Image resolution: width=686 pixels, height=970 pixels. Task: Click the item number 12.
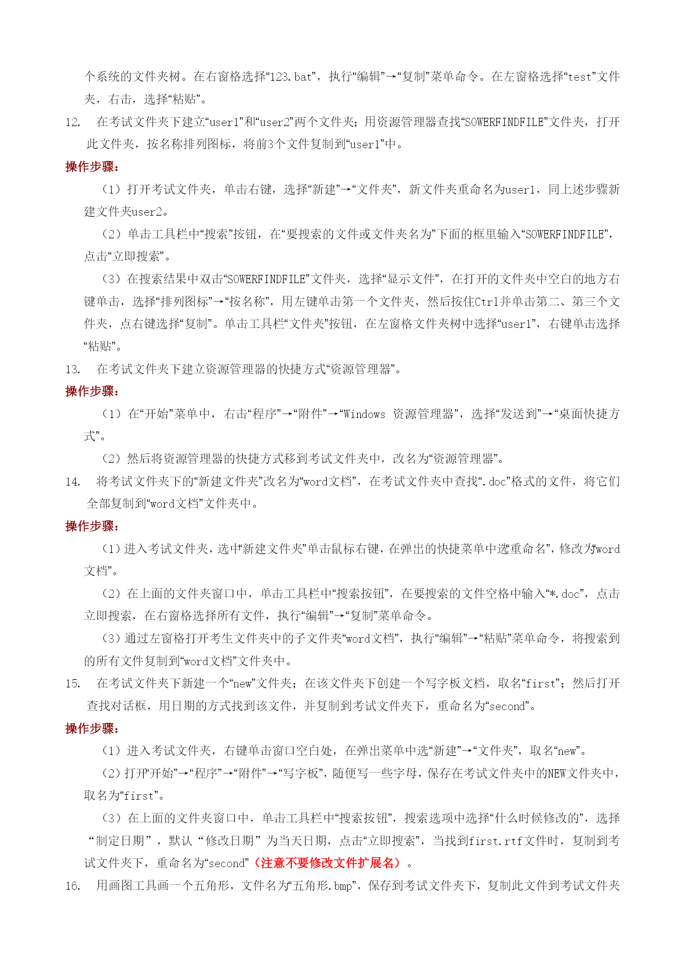pos(72,122)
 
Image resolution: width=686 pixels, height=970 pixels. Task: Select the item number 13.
pos(72,369)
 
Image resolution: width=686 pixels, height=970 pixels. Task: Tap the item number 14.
pos(72,482)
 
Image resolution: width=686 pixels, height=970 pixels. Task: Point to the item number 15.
pos(72,684)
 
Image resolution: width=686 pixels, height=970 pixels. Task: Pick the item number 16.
pos(72,886)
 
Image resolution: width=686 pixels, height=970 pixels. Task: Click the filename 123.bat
pos(291,77)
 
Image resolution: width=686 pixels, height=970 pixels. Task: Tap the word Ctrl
pos(487,302)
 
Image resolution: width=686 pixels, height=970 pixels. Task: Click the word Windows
pos(364,414)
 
